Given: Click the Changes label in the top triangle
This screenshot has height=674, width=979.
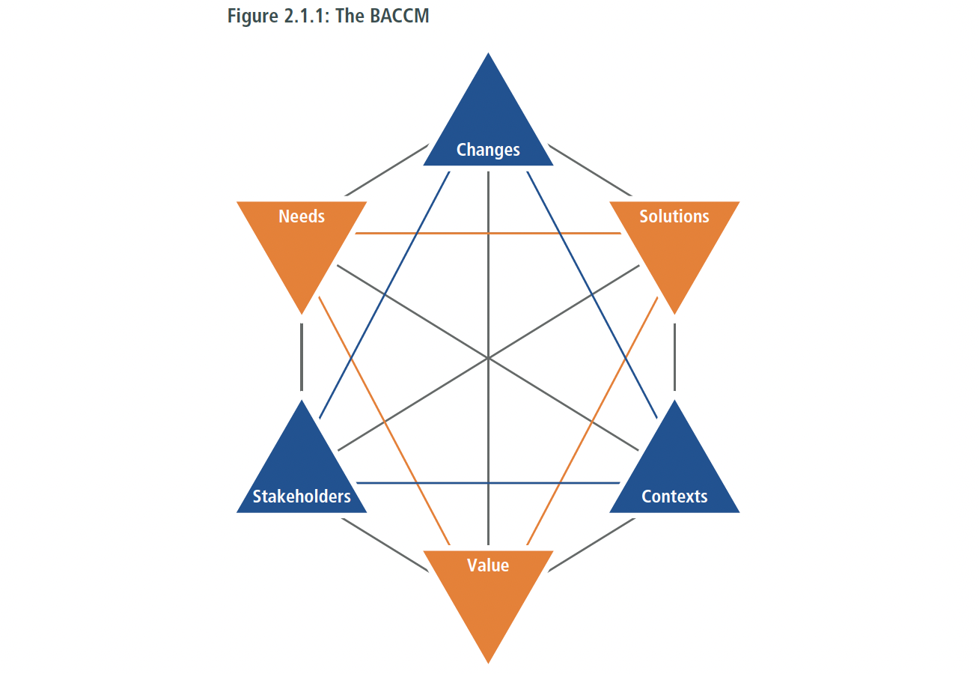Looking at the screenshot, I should tap(488, 150).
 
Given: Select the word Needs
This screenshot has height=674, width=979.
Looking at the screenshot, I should tap(302, 216).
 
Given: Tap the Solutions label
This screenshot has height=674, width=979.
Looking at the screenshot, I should tap(674, 216).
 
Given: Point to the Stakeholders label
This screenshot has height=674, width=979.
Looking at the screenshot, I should tap(302, 497).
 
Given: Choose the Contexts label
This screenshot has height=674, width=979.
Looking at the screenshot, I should tap(674, 497).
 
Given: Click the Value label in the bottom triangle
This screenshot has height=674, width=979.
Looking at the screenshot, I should tap(488, 565).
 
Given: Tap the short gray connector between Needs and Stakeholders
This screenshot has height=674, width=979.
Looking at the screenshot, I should tap(302, 356).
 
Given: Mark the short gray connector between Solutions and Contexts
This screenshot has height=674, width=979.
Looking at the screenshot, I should tap(674, 356).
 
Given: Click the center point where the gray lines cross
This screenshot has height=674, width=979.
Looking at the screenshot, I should tap(488, 358).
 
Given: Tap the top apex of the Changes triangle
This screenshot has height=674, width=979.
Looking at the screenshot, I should tap(488, 55).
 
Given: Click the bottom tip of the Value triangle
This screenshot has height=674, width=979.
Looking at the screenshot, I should tap(488, 661).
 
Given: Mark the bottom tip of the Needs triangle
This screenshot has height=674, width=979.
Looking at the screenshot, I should tap(302, 312).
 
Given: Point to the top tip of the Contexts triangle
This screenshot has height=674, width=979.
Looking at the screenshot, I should tap(674, 402).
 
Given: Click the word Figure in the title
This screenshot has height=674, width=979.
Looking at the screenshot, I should tap(252, 16).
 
